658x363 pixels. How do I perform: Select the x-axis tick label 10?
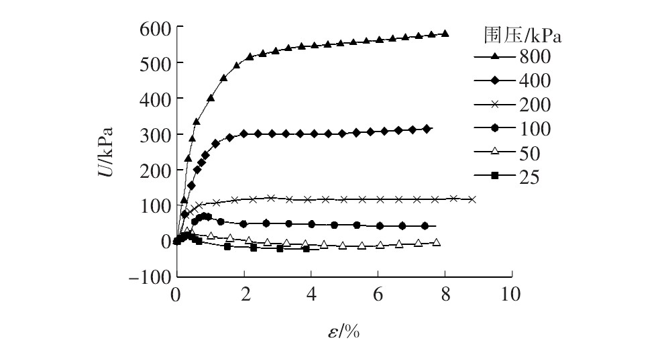[x=511, y=295]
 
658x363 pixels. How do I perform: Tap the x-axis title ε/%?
[x=344, y=331]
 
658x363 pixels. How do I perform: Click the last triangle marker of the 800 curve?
[x=445, y=33]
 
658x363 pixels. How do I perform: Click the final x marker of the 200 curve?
[x=472, y=199]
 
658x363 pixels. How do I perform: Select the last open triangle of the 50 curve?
[x=437, y=242]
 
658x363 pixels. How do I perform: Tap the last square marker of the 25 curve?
[x=307, y=249]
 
